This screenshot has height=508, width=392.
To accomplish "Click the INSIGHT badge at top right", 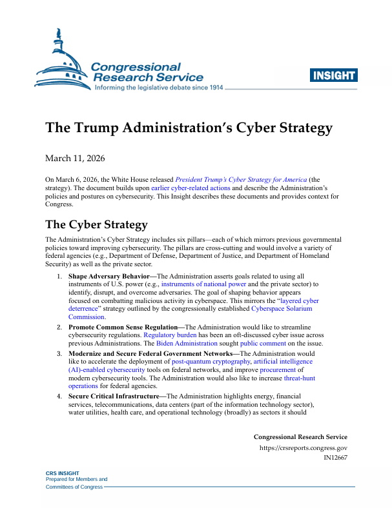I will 334,76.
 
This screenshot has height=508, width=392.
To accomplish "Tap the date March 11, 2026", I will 75,158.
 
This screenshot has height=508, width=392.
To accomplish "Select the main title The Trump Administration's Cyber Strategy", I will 189,127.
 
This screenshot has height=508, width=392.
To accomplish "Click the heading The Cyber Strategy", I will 96,224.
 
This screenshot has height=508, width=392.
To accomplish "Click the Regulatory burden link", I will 170,335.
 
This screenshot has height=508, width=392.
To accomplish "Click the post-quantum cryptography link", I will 211,362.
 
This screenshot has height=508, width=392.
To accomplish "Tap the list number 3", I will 58,354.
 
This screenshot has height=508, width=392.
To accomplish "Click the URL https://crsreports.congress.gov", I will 303,447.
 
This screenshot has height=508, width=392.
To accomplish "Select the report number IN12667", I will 335,457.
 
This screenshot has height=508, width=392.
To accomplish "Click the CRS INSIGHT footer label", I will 62,473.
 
